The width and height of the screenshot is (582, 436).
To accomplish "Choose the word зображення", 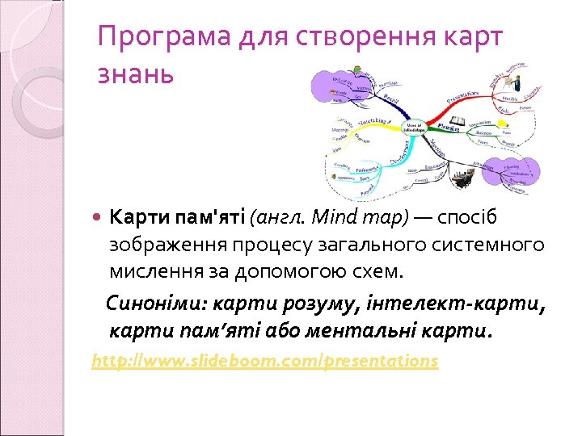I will pos(162,245).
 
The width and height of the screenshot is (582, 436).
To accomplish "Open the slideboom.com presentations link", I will pos(265,361).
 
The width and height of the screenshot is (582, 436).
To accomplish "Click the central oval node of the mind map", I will pos(415,127).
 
